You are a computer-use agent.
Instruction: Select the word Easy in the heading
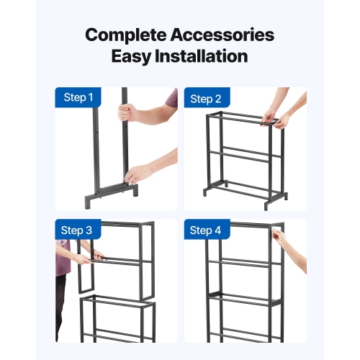135,57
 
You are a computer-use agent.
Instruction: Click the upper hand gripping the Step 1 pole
127,112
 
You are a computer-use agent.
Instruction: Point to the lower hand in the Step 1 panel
137,175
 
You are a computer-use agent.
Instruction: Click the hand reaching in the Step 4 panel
279,238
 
